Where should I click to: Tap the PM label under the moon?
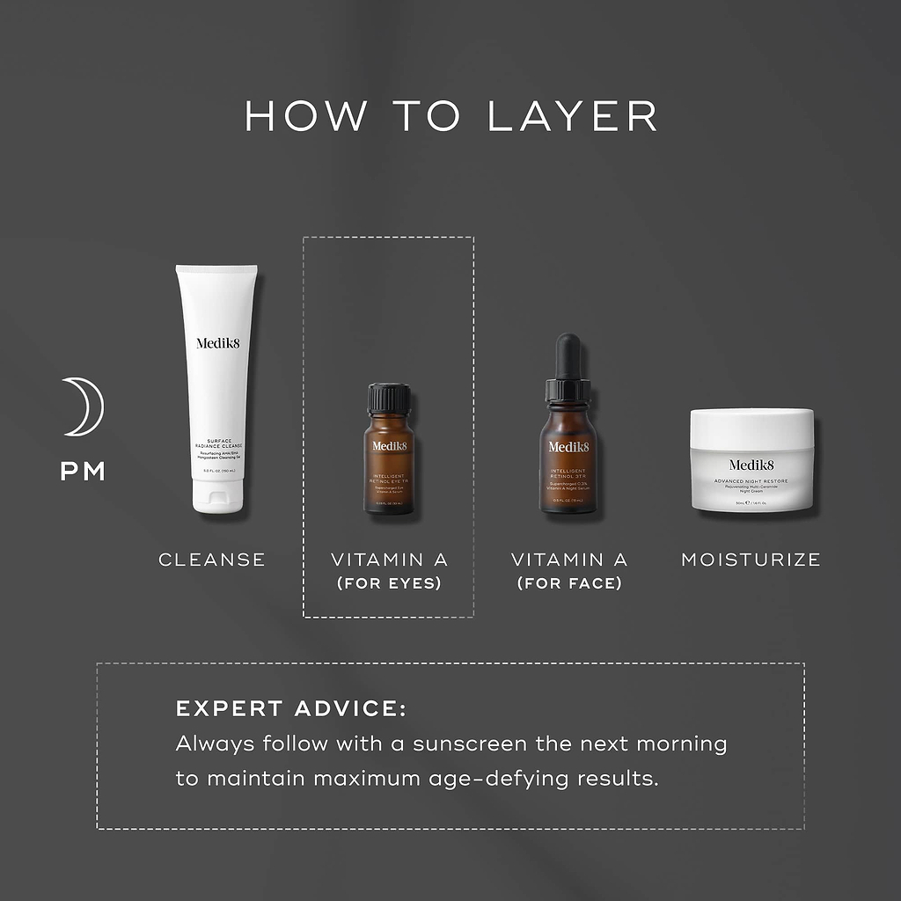(x=83, y=472)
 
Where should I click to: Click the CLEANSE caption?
(x=211, y=560)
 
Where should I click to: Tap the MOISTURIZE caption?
(x=751, y=560)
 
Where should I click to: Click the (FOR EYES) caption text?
(x=389, y=583)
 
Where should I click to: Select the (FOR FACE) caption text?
(x=569, y=583)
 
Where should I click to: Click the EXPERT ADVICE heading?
(x=290, y=709)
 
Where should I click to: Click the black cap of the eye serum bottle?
(x=389, y=398)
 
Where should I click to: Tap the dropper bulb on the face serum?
(x=568, y=356)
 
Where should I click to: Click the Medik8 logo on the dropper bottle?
(x=568, y=447)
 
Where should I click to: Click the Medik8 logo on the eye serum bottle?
(x=389, y=446)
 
